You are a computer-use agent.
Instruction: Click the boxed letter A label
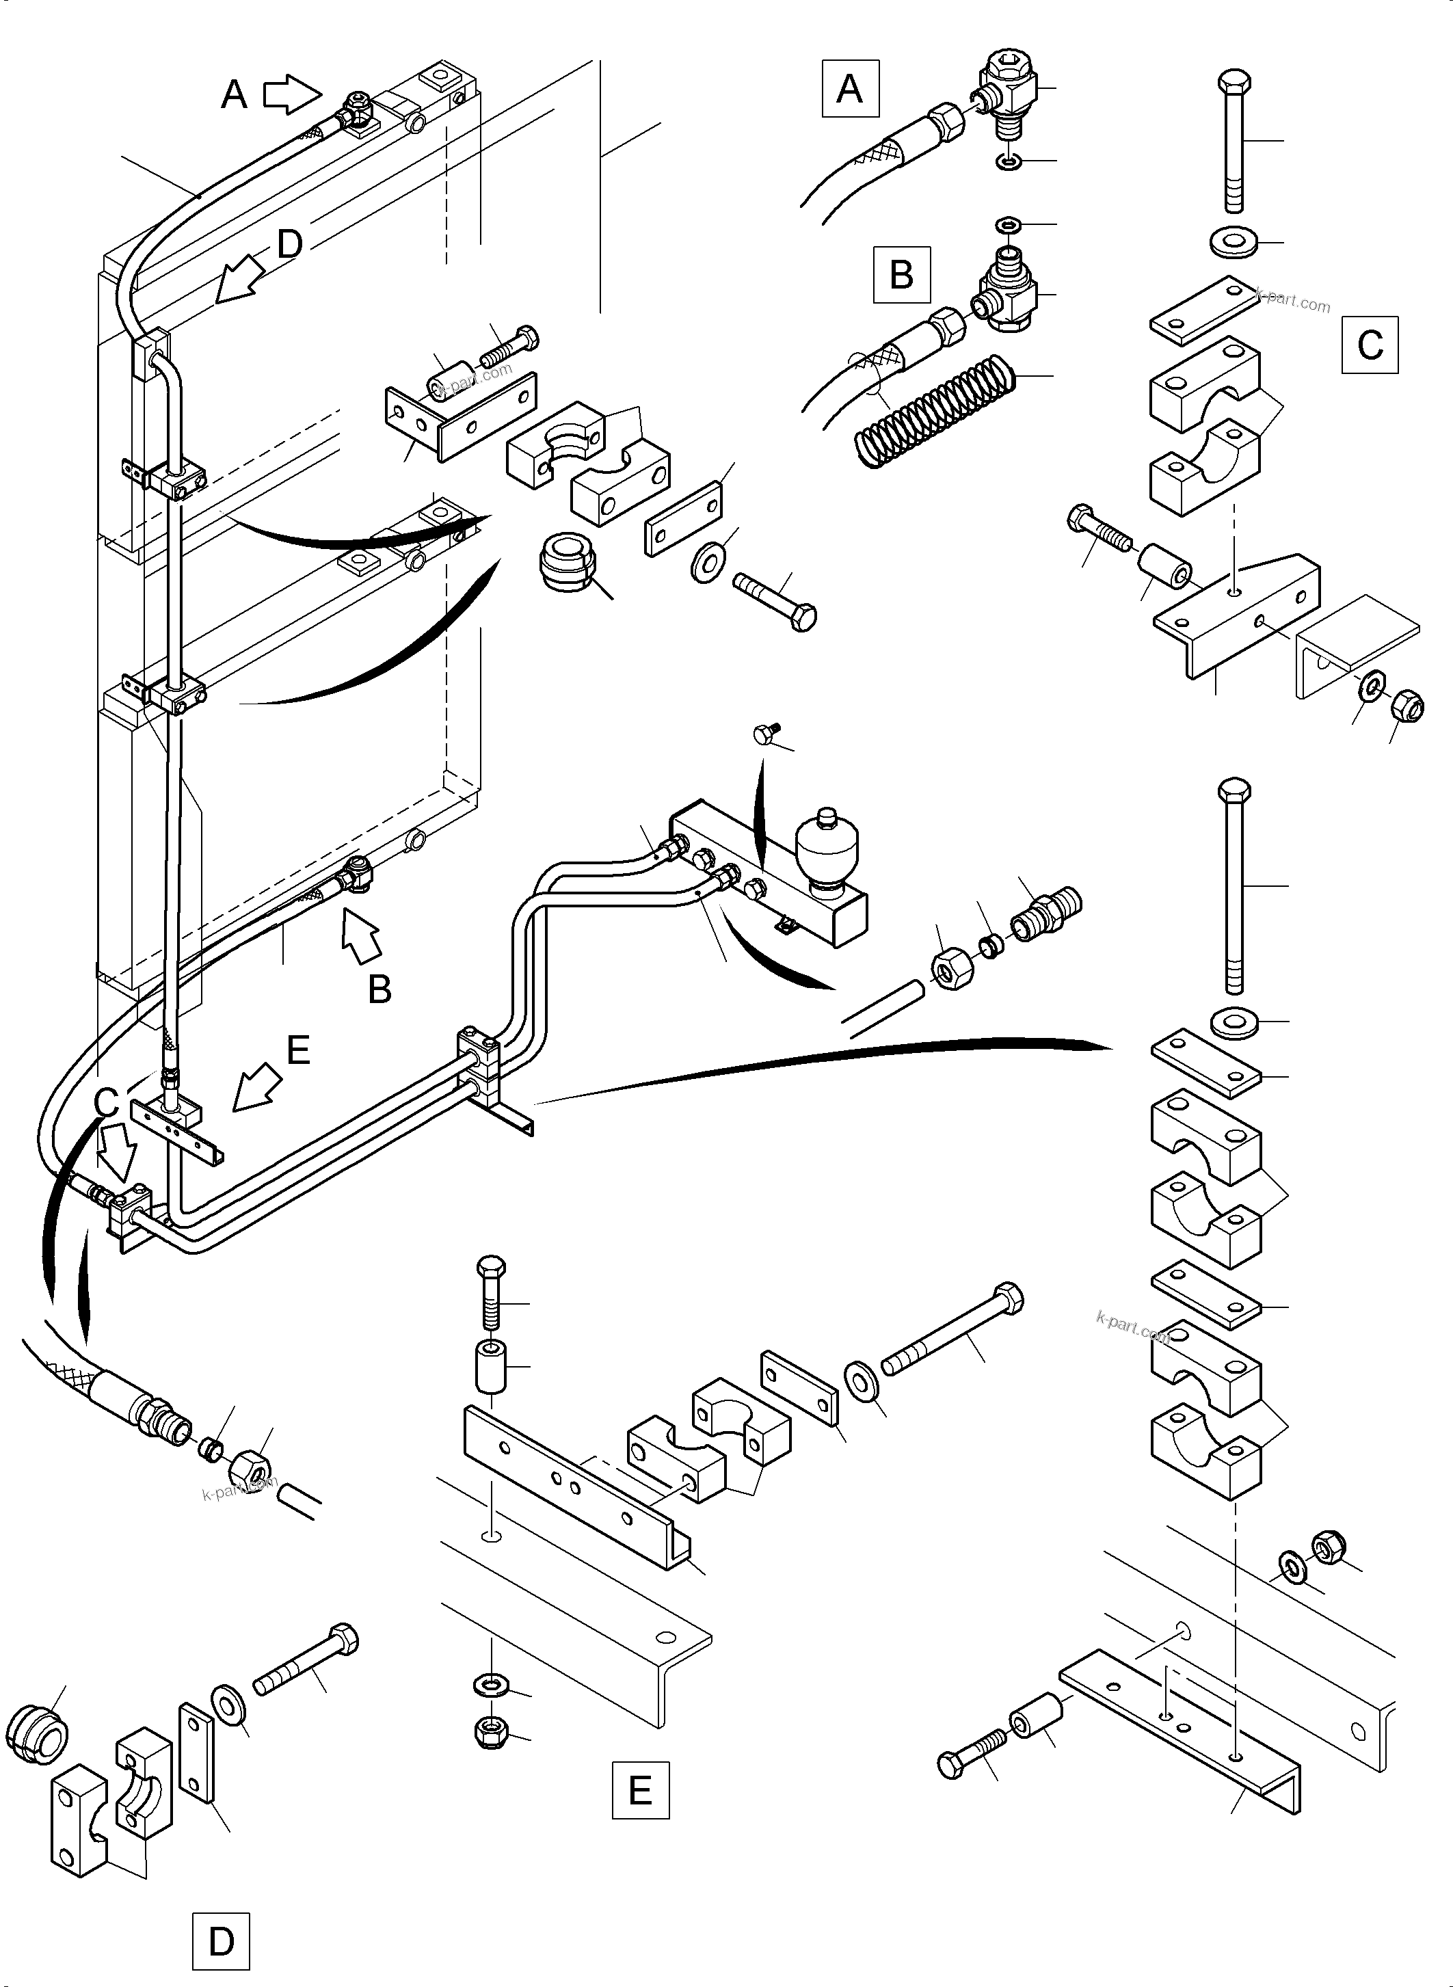850,89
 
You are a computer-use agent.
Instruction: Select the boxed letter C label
1370,345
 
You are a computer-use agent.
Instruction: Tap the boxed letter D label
221,1940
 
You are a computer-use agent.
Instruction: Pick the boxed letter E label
640,1790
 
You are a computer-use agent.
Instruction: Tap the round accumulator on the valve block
823,846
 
